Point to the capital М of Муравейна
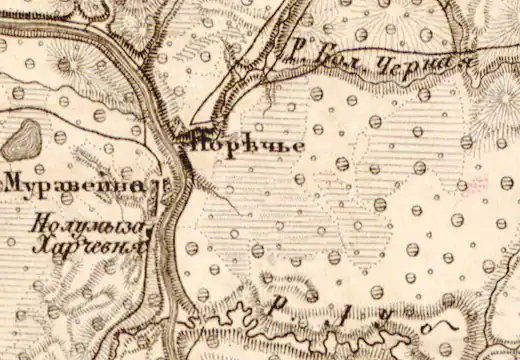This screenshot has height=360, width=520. [x=15, y=185]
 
